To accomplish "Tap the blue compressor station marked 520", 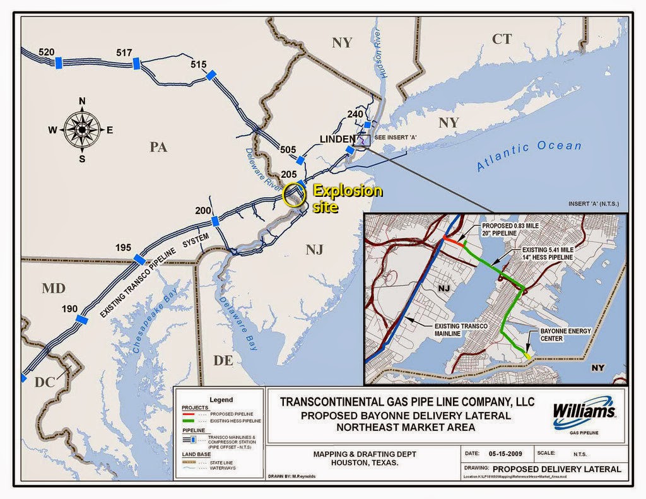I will click(x=58, y=62).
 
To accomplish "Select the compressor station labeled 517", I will click(x=136, y=63).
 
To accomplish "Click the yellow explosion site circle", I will click(x=294, y=196).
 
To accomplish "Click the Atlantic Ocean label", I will click(x=529, y=156).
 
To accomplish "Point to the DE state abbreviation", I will click(x=223, y=360).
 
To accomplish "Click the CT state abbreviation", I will click(x=502, y=39).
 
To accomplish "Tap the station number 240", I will click(x=355, y=114).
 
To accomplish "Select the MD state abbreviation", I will click(x=54, y=289).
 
